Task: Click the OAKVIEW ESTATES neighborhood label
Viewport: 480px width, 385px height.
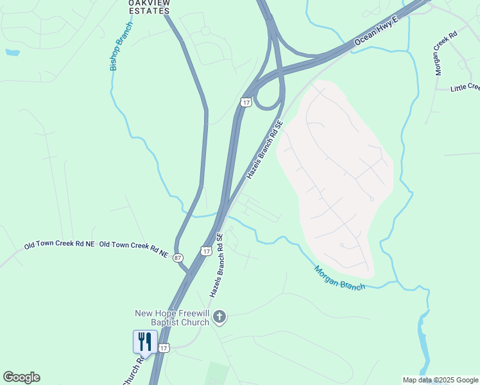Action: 150,6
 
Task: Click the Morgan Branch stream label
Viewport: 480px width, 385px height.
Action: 339,278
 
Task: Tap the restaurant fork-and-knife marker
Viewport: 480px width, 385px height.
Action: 144,341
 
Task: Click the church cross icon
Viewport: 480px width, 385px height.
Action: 219,317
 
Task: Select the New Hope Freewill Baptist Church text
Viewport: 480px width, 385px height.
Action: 172,318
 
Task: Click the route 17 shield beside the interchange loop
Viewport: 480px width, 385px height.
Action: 246,102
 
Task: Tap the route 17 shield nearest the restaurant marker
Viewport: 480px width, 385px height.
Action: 164,348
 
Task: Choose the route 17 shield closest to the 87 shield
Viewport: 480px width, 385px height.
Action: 205,251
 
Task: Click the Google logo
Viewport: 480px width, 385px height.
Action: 21,377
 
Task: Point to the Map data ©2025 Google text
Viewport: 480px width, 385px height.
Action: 440,380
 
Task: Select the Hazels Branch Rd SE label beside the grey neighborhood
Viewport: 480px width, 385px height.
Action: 264,150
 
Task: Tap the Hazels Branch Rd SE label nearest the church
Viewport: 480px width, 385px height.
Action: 216,265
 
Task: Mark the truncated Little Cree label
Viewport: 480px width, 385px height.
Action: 465,87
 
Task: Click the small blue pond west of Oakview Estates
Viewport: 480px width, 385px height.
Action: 12,51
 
